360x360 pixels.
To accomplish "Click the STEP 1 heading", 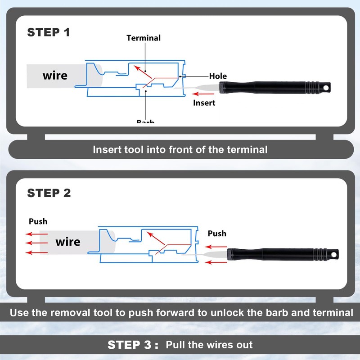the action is (x=49, y=32).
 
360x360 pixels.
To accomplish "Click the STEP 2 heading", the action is (x=49, y=193).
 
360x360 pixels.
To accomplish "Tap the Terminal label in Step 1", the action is (x=144, y=38).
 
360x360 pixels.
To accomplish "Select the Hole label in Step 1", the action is (x=218, y=76).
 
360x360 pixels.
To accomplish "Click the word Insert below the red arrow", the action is (x=204, y=103).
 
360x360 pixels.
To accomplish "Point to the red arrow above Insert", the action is (x=200, y=94).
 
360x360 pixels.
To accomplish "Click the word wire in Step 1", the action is (x=55, y=75).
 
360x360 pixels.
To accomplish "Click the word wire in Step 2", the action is (x=68, y=242).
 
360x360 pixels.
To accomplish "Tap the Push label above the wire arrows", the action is (x=38, y=221).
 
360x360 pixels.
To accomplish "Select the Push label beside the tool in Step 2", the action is (x=217, y=234).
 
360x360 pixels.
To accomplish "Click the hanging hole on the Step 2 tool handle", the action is (x=334, y=254).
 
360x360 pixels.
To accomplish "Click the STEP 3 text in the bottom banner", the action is (x=133, y=345).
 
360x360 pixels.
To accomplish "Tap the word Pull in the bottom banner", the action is (x=176, y=346).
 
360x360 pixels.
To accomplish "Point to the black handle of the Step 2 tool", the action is (x=283, y=254).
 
